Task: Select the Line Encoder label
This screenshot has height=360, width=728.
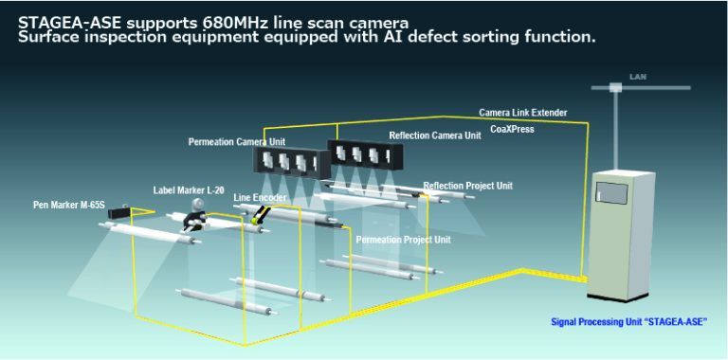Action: pyautogui.click(x=260, y=197)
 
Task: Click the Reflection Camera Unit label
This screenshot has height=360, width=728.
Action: pyautogui.click(x=434, y=135)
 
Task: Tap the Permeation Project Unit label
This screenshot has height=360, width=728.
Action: pyautogui.click(x=403, y=240)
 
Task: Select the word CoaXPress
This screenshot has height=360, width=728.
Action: pyautogui.click(x=512, y=128)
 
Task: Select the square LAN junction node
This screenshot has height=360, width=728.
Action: pyautogui.click(x=615, y=88)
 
